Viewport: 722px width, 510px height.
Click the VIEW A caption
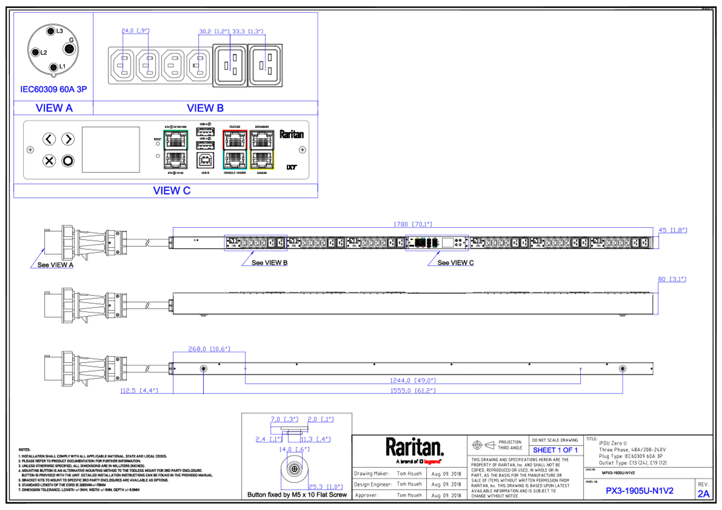(x=54, y=108)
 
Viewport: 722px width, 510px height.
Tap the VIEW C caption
(x=172, y=190)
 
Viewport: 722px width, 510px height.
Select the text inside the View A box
(x=53, y=90)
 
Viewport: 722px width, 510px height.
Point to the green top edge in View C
(x=176, y=130)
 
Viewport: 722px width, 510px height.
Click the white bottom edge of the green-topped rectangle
(x=176, y=169)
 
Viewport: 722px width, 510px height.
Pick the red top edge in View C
(x=235, y=130)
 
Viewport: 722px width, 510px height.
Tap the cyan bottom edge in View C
(x=235, y=169)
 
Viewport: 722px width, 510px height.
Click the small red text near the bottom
(x=432, y=462)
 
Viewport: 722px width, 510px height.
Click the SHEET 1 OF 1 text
(x=555, y=450)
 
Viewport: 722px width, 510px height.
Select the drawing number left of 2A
(x=640, y=490)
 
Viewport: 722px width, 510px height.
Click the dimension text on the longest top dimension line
(x=413, y=224)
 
